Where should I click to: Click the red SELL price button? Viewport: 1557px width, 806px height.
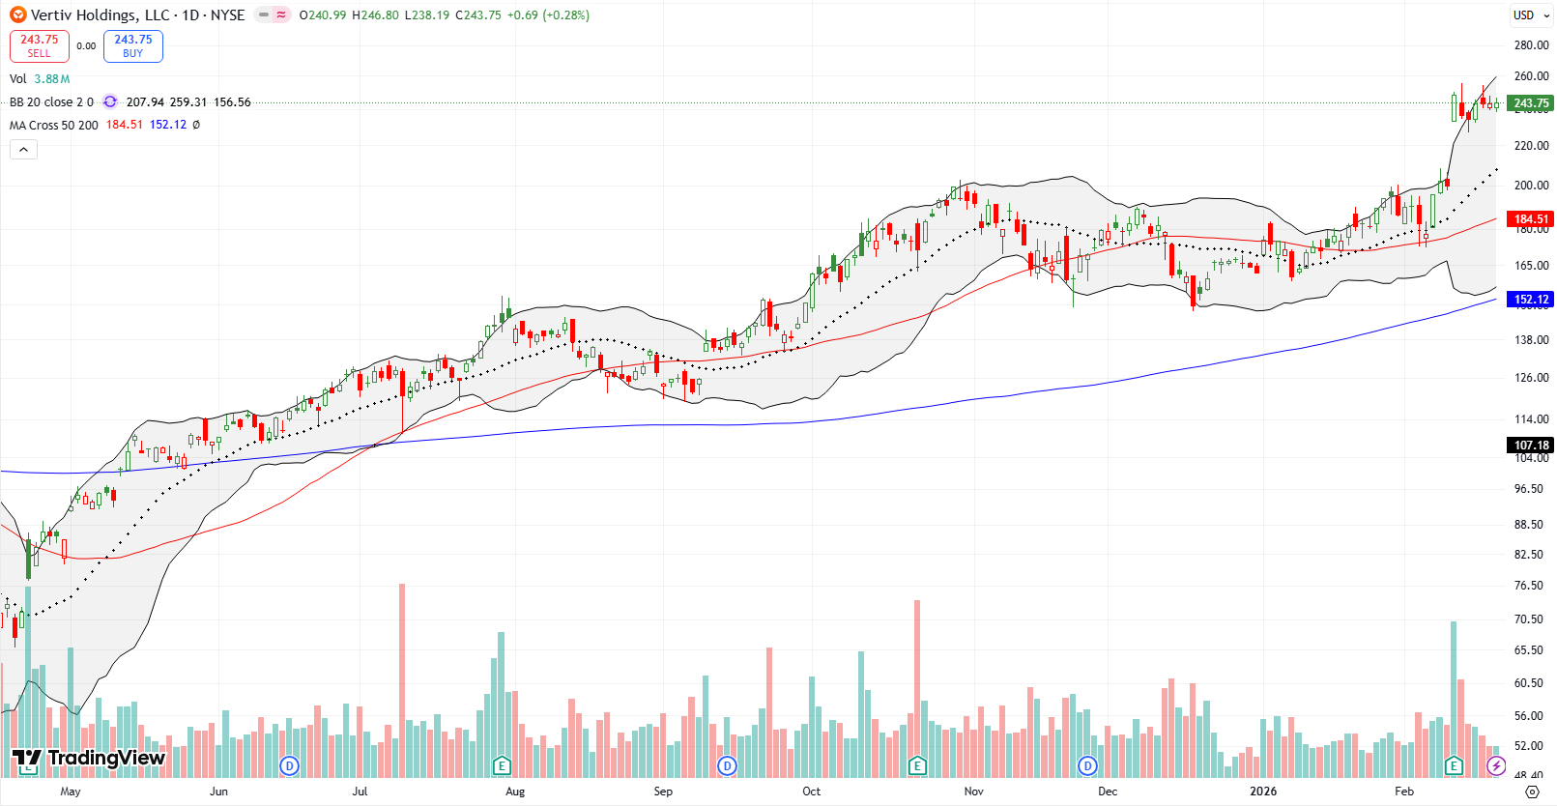pyautogui.click(x=40, y=45)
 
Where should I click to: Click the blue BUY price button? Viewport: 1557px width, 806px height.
pyautogui.click(x=133, y=45)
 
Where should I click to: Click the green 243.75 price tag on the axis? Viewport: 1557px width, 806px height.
pyautogui.click(x=1530, y=103)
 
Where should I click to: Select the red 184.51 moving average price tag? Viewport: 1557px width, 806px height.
pyautogui.click(x=1530, y=219)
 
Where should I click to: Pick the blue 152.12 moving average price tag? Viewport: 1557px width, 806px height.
pyautogui.click(x=1530, y=300)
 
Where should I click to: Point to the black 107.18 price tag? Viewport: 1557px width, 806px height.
pyautogui.click(x=1530, y=446)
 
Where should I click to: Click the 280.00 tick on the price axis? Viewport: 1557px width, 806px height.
pyautogui.click(x=1531, y=45)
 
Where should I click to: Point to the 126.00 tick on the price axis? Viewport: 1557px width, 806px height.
pyautogui.click(x=1531, y=378)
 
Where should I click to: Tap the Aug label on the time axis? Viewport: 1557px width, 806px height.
pyautogui.click(x=515, y=792)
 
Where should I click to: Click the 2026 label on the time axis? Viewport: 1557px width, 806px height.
pyautogui.click(x=1262, y=792)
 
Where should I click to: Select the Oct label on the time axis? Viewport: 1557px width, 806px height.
pyautogui.click(x=811, y=792)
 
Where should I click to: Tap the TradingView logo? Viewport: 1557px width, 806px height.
pyautogui.click(x=89, y=759)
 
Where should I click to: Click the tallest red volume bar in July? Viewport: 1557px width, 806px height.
pyautogui.click(x=402, y=676)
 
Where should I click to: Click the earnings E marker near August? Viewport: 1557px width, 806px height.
pyautogui.click(x=501, y=766)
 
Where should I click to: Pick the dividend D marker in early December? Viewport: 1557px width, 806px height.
pyautogui.click(x=1087, y=766)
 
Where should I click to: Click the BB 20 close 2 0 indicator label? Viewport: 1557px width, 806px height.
pyautogui.click(x=51, y=101)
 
